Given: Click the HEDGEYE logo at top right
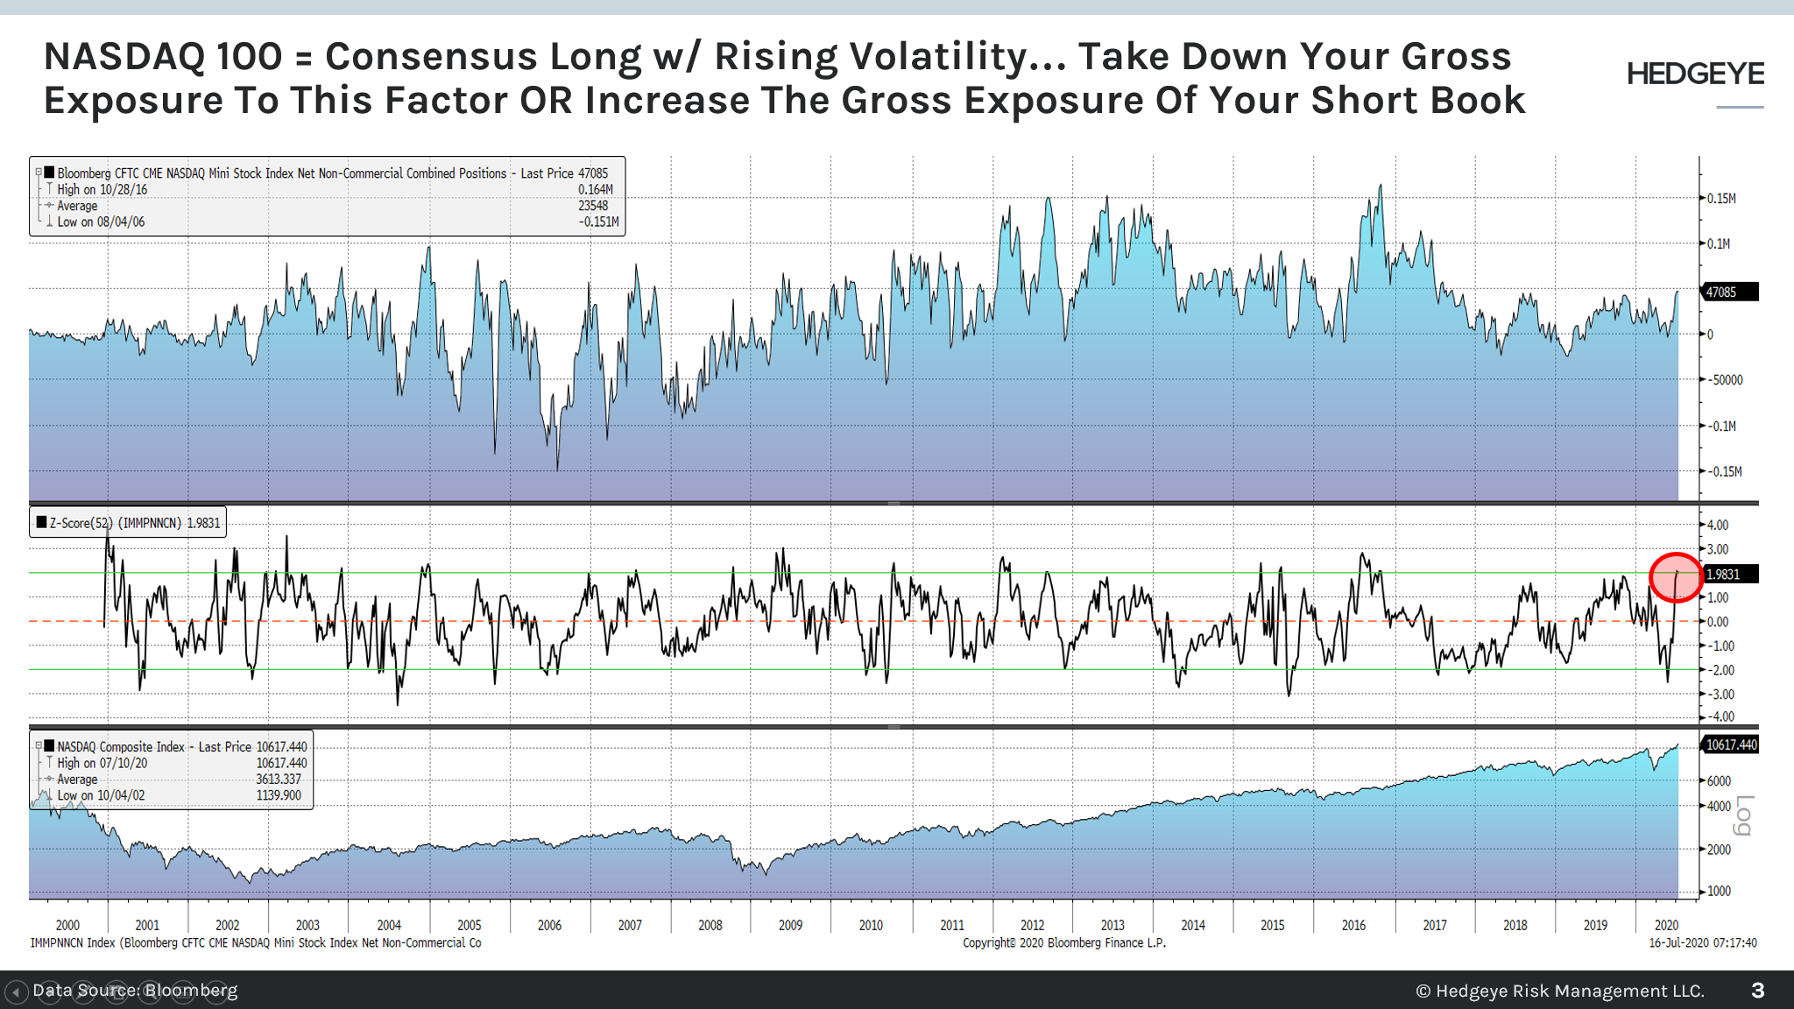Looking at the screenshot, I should pyautogui.click(x=1695, y=74).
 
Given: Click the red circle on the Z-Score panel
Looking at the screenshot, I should pyautogui.click(x=1676, y=578).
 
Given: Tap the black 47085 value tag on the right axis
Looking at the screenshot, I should pyautogui.click(x=1727, y=293).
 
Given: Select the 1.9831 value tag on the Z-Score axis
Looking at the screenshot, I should pyautogui.click(x=1727, y=575).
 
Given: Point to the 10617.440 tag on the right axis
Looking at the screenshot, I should pyautogui.click(x=1730, y=745).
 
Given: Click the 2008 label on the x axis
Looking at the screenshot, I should pyautogui.click(x=710, y=925).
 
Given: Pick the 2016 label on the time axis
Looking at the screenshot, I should pyautogui.click(x=1353, y=925).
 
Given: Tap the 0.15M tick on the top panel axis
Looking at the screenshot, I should pyautogui.click(x=1721, y=199).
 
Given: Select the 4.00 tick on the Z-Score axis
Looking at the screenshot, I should pyautogui.click(x=1718, y=526).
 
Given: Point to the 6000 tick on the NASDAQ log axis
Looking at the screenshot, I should pyautogui.click(x=1719, y=781).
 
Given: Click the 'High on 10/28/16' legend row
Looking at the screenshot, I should pyautogui.click(x=102, y=190).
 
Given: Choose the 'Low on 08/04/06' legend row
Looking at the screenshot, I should pyautogui.click(x=101, y=222).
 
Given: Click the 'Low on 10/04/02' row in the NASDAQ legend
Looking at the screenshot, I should pyautogui.click(x=101, y=796).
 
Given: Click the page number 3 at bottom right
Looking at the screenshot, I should pyautogui.click(x=1757, y=991).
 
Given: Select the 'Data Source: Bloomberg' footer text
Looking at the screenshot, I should pyautogui.click(x=135, y=991).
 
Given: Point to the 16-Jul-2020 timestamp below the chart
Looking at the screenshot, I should pyautogui.click(x=1702, y=943).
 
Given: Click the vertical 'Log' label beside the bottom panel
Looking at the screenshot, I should pyautogui.click(x=1743, y=815).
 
